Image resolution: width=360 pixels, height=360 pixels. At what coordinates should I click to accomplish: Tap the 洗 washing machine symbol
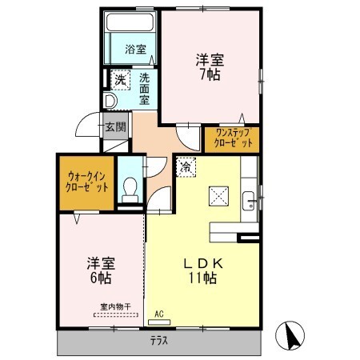click(119, 79)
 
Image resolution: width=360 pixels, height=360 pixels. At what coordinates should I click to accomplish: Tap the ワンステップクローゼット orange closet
click(232, 138)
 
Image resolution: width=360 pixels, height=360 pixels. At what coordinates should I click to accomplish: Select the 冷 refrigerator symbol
click(185, 167)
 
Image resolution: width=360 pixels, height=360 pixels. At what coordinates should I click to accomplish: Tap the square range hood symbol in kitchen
click(218, 196)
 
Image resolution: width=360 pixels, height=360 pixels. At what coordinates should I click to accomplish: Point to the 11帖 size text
click(204, 279)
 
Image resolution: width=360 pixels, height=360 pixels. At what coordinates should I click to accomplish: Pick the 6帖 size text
click(100, 279)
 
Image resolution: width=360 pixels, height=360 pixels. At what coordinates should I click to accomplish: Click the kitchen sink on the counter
click(250, 201)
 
